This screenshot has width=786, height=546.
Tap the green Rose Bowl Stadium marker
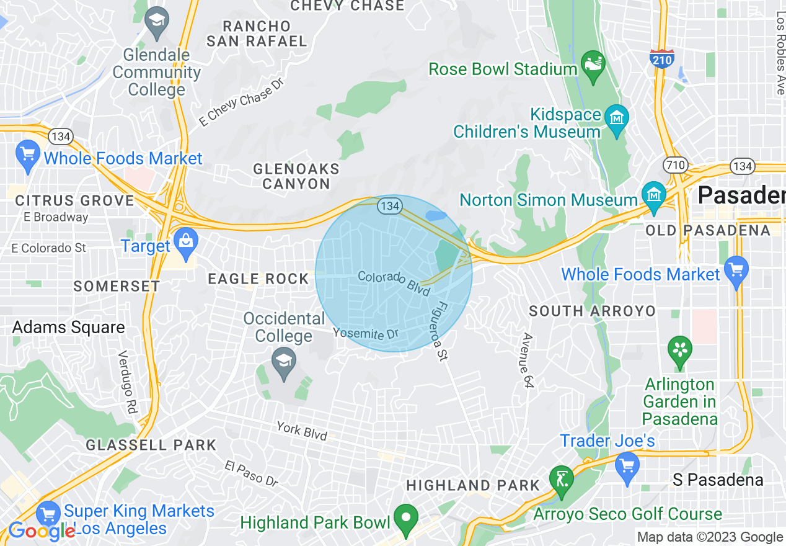[593, 66]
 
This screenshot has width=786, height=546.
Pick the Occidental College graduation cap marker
[284, 362]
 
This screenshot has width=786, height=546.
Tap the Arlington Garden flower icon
[680, 350]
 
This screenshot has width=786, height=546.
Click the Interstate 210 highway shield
[662, 58]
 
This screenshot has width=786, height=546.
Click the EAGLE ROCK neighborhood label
[258, 279]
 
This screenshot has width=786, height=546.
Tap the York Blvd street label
[302, 431]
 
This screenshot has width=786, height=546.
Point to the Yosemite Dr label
[365, 333]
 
